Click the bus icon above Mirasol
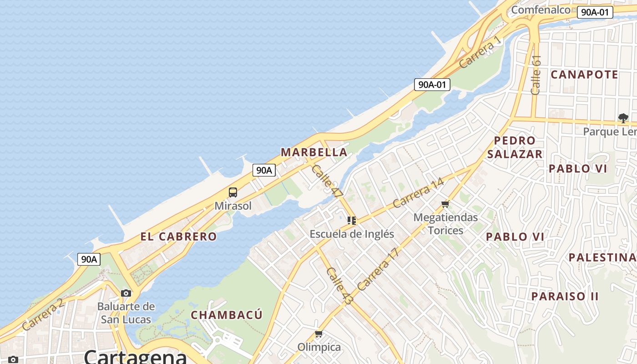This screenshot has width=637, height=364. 233,192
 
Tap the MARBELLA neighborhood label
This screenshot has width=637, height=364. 314,152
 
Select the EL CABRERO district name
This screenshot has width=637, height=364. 178,237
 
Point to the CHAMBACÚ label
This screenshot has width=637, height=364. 227,315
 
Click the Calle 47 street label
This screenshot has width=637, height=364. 327,181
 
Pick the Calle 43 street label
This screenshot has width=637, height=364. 339,286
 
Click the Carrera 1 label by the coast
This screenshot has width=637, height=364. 480,53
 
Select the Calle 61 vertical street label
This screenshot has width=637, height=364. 536,75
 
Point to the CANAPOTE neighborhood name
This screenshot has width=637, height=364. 584,75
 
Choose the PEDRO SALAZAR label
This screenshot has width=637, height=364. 515,147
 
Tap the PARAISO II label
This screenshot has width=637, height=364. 565,296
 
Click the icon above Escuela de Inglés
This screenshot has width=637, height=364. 351,221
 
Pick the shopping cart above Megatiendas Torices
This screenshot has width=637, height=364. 445,204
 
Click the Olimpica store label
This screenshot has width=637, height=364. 319,347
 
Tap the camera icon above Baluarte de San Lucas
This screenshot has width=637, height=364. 126,293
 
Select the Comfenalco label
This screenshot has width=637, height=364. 541,10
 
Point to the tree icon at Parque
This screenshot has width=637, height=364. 623,118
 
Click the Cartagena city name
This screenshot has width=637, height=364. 135,357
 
